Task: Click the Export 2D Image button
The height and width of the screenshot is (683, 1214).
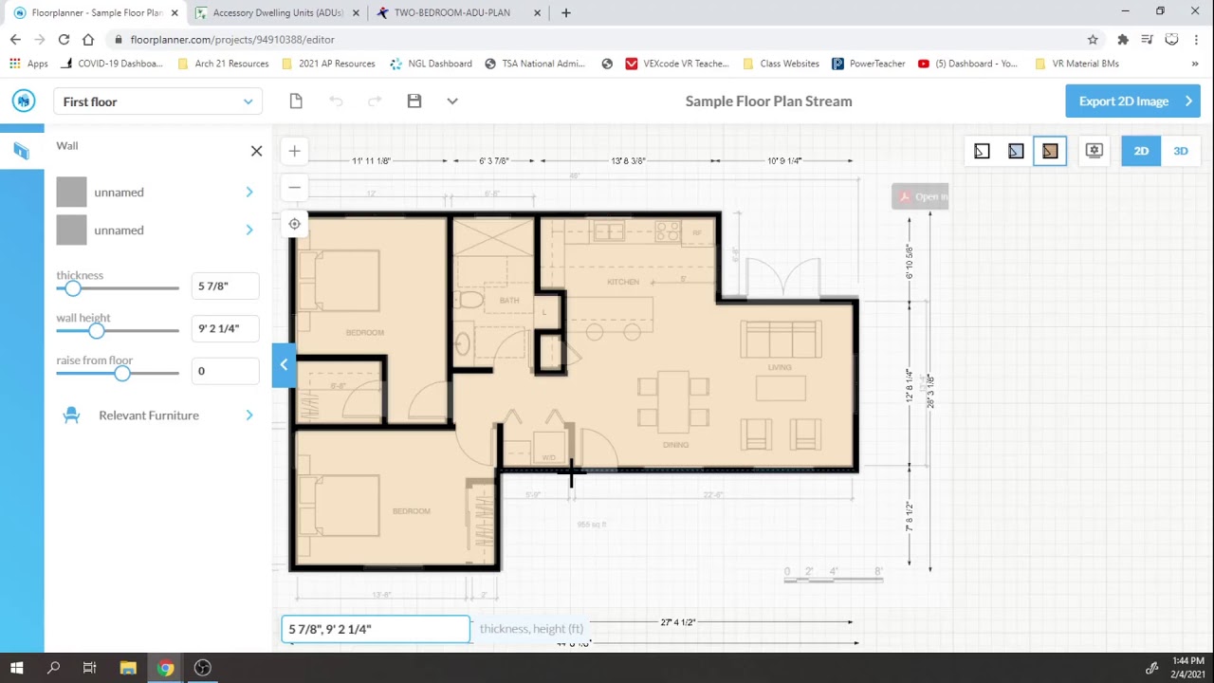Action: pos(1132,102)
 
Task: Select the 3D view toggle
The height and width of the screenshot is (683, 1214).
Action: pos(1180,151)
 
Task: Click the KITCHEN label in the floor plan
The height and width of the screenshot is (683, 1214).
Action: pos(623,283)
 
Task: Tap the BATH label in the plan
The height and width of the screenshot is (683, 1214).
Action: pos(509,301)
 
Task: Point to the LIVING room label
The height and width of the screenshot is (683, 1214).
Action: pos(780,367)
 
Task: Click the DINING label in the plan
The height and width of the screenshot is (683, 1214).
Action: pos(675,445)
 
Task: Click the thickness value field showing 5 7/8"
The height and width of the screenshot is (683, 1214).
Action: pos(225,286)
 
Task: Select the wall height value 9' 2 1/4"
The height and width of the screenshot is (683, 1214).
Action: pos(225,328)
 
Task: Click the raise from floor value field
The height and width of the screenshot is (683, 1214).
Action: pos(225,371)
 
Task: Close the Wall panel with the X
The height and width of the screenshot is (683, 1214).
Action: pos(256,151)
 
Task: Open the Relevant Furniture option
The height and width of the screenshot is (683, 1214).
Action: pos(149,415)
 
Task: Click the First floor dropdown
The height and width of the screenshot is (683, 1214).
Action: pos(157,102)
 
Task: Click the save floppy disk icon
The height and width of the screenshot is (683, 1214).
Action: pos(414,102)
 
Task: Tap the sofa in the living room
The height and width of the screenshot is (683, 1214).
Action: pos(781,340)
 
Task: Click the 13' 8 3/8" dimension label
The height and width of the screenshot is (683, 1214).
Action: pos(628,161)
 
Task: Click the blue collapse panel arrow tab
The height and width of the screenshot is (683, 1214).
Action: pos(284,365)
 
